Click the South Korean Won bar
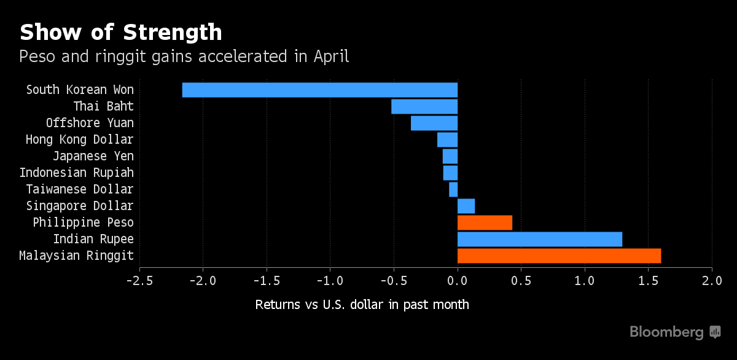pyautogui.click(x=319, y=90)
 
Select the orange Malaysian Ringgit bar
pyautogui.click(x=559, y=256)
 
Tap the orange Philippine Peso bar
pyautogui.click(x=485, y=222)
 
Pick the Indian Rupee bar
pyautogui.click(x=540, y=239)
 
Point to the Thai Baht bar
pyautogui.click(x=424, y=106)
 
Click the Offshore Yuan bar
pyautogui.click(x=434, y=123)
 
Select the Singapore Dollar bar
pyautogui.click(x=466, y=206)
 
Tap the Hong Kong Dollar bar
pyautogui.click(x=447, y=139)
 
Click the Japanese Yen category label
pyautogui.click(x=93, y=156)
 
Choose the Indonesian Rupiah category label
pyautogui.click(x=76, y=173)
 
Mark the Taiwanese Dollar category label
pyautogui.click(x=80, y=189)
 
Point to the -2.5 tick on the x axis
pyautogui.click(x=139, y=281)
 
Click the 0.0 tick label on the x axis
pyautogui.click(x=458, y=281)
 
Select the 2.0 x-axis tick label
pyautogui.click(x=712, y=281)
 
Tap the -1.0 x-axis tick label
pyautogui.click(x=330, y=281)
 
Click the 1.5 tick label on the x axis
pyautogui.click(x=648, y=281)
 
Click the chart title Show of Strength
pyautogui.click(x=120, y=32)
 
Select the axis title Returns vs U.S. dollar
pyautogui.click(x=362, y=305)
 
